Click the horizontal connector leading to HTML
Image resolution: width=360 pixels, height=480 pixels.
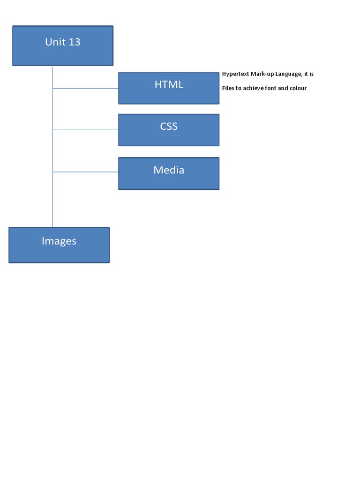click(x=85, y=88)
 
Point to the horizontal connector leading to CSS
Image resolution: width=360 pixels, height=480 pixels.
click(x=85, y=129)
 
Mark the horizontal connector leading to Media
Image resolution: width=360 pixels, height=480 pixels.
click(x=85, y=172)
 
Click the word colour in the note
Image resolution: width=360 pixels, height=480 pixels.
click(x=298, y=88)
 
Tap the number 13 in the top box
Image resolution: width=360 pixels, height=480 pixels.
click(x=75, y=42)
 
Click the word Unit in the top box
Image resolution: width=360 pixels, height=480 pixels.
click(x=55, y=42)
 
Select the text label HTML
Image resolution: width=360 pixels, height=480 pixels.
click(x=169, y=84)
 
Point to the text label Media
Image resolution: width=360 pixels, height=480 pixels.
click(x=169, y=170)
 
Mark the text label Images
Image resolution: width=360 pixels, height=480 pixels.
click(x=59, y=241)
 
